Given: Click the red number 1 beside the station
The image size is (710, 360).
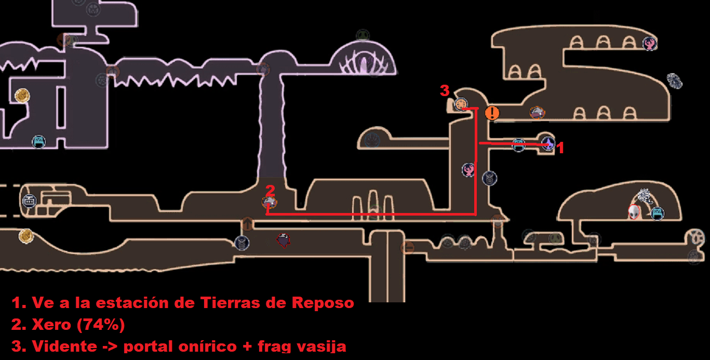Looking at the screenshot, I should click(x=560, y=149).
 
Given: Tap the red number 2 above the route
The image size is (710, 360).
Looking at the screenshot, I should click(x=270, y=190).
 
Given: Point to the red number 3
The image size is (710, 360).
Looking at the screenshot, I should click(x=444, y=91).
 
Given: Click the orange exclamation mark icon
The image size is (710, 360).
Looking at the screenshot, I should click(x=492, y=113).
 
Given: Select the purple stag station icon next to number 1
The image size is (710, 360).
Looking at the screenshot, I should click(x=548, y=143).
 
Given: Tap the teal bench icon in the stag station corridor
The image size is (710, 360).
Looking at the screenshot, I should click(x=518, y=145).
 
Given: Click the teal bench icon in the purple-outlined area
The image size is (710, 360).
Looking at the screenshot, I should click(x=38, y=141).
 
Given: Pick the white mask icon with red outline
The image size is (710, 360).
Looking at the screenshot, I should click(x=634, y=212).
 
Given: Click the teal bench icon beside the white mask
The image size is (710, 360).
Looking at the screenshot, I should click(x=658, y=213).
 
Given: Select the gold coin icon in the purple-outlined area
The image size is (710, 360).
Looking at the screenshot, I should click(x=22, y=96).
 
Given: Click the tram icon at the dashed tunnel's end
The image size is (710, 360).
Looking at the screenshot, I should click(x=29, y=201).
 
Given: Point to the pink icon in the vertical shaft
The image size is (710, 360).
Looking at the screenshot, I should click(x=468, y=169).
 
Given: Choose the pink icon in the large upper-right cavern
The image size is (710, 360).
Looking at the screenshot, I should click(x=649, y=44).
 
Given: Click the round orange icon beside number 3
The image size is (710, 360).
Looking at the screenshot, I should click(x=461, y=104).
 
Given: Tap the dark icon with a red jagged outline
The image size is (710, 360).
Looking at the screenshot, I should click(x=283, y=240).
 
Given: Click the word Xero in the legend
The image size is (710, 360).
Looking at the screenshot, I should click(x=52, y=325).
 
